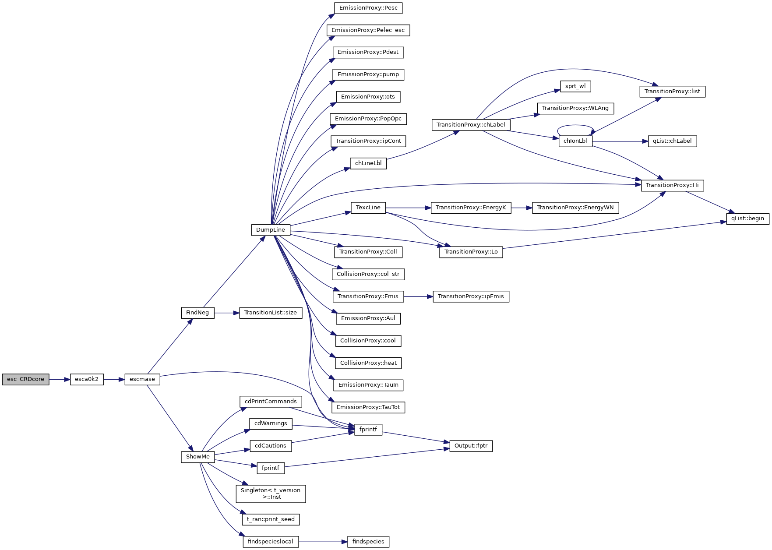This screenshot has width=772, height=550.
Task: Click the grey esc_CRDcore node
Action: click(x=25, y=379)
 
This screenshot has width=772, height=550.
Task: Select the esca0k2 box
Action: click(x=87, y=379)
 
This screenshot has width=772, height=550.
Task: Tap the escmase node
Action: click(x=142, y=379)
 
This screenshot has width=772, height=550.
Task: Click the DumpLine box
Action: click(x=271, y=230)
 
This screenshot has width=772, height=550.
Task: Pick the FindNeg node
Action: click(x=197, y=313)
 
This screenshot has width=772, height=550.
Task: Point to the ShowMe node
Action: click(x=197, y=457)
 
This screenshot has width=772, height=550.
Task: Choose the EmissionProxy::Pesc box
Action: click(x=368, y=8)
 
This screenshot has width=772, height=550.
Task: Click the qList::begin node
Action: click(x=747, y=219)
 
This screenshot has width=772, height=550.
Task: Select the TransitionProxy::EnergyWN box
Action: click(x=575, y=208)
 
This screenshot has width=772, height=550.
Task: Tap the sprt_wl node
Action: click(x=575, y=86)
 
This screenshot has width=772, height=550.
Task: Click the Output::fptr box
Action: click(x=471, y=446)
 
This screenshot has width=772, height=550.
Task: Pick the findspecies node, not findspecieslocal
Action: click(x=368, y=542)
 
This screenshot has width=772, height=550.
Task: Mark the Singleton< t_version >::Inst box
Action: click(x=271, y=494)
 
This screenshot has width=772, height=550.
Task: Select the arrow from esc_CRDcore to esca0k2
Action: click(x=60, y=379)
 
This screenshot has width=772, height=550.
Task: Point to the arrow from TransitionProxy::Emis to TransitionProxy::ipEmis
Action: click(x=418, y=296)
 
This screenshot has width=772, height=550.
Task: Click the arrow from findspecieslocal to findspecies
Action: click(x=323, y=542)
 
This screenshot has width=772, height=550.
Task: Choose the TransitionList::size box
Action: click(x=271, y=313)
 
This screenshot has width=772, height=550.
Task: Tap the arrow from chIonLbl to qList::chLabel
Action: click(x=620, y=141)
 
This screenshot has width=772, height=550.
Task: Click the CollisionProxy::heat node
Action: click(x=368, y=363)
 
